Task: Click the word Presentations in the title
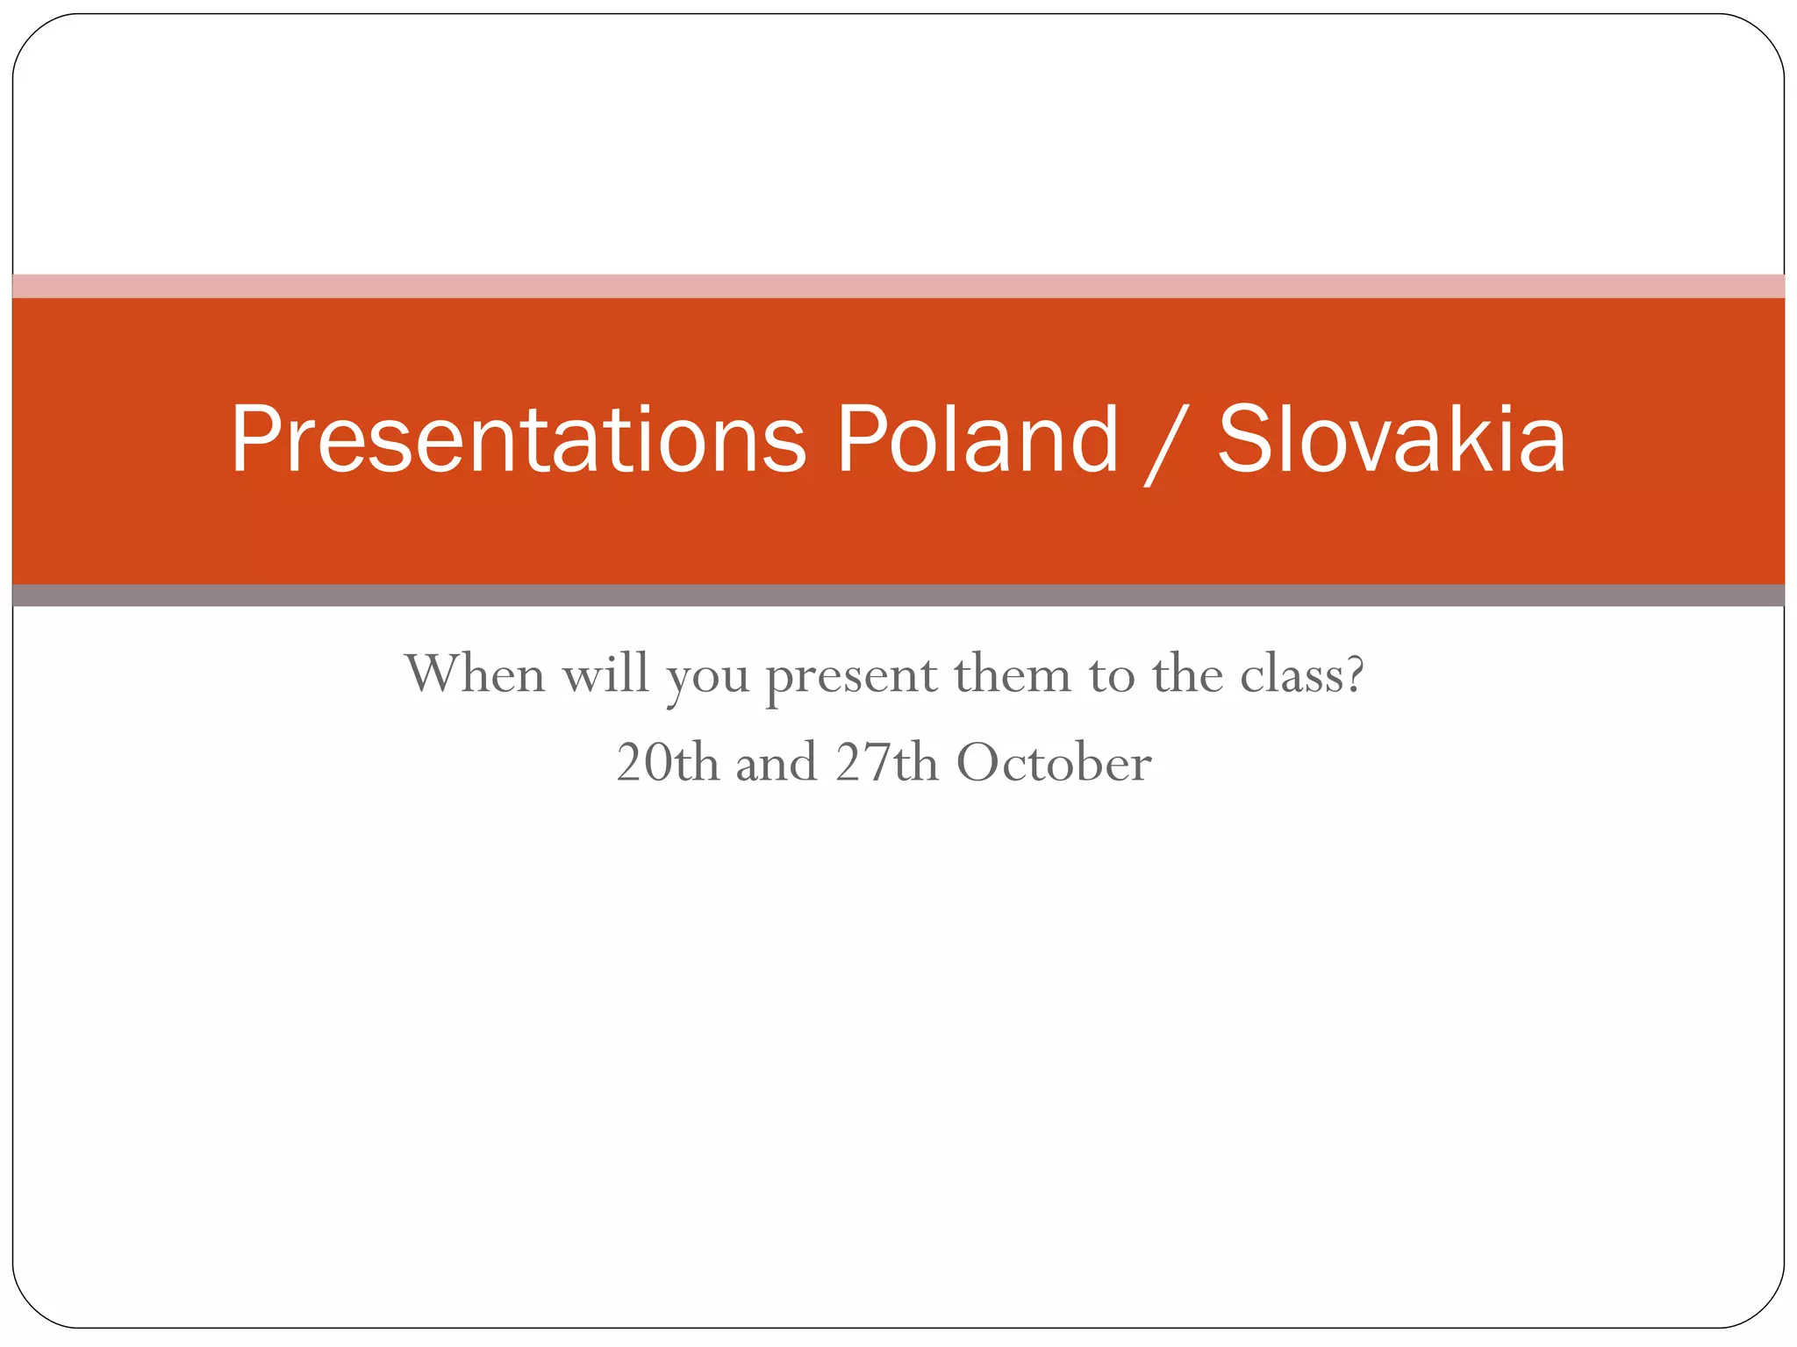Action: (518, 440)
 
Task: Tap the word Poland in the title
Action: (977, 440)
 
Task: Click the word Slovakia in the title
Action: (1392, 440)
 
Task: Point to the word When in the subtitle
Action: (475, 674)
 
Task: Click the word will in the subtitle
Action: (605, 674)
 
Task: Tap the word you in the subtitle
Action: (707, 680)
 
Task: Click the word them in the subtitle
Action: (1013, 674)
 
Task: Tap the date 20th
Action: (667, 762)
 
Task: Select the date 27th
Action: (886, 762)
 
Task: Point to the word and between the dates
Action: (777, 762)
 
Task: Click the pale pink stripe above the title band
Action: (898, 286)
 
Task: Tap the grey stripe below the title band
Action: (898, 595)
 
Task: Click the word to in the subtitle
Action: (1112, 676)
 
